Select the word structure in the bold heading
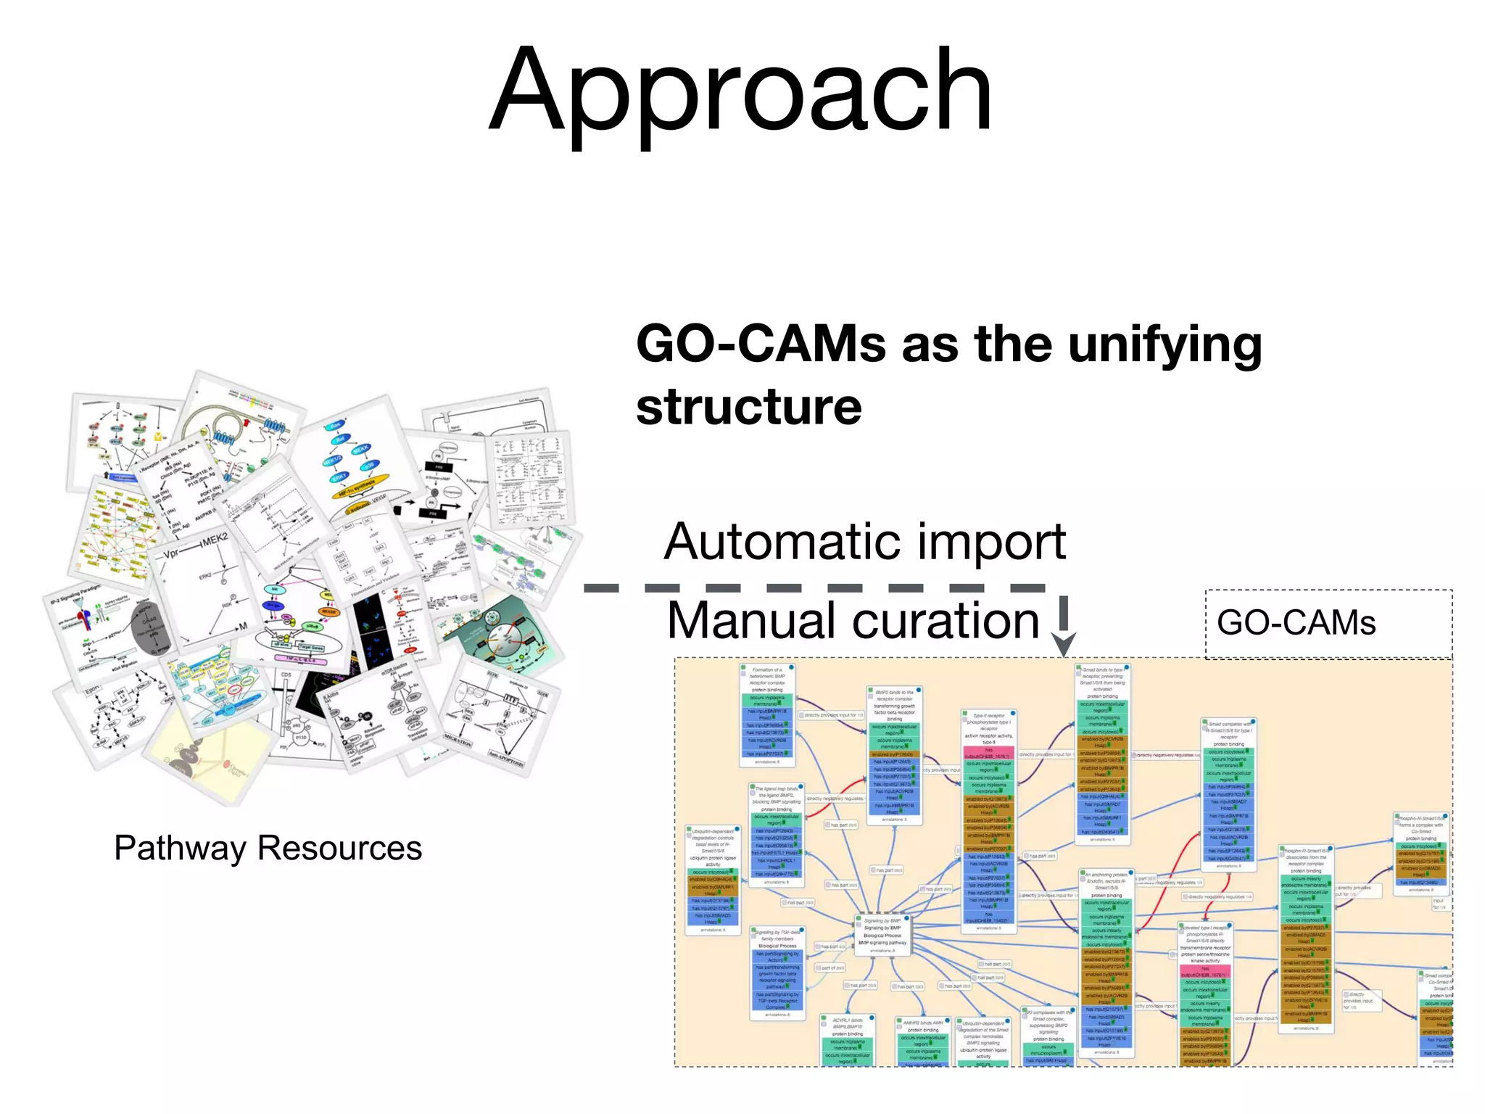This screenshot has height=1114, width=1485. pos(748,407)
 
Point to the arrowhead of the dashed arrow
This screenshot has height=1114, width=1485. pos(1063,645)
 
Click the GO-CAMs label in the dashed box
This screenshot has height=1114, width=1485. pos(1296,623)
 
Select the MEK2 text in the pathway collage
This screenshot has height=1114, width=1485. pos(215,541)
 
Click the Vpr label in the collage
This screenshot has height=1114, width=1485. pos(172,555)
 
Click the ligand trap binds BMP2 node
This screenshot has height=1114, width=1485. pos(777,798)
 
